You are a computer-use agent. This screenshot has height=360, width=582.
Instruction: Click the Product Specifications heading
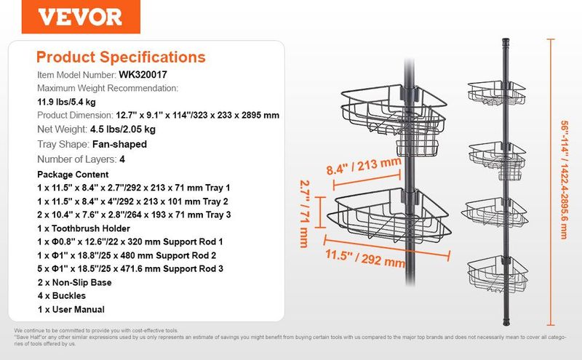click(x=121, y=57)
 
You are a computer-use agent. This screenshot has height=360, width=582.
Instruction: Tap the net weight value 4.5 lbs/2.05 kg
click(x=123, y=129)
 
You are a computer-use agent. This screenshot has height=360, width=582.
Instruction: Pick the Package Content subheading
click(x=72, y=175)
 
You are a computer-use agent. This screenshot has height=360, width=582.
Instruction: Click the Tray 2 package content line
click(x=134, y=201)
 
